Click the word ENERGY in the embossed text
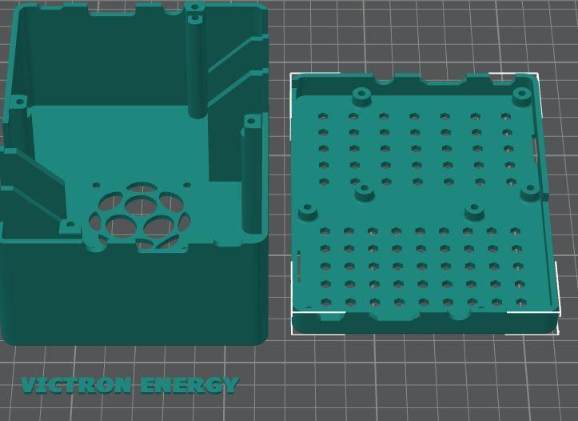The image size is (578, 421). (189, 386)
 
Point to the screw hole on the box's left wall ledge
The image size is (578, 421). (18, 102)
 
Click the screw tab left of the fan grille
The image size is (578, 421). (69, 227)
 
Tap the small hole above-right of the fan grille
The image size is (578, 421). (186, 186)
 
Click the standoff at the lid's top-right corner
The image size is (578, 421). (522, 94)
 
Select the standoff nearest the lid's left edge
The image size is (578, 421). (308, 212)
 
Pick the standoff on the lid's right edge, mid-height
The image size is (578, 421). (530, 190)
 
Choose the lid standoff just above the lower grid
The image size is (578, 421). (474, 210)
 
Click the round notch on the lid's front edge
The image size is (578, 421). (459, 312)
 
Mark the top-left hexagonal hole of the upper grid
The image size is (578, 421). (323, 117)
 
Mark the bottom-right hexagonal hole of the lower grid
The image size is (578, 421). (520, 303)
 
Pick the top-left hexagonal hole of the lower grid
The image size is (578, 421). (325, 231)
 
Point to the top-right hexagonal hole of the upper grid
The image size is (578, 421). (505, 117)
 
